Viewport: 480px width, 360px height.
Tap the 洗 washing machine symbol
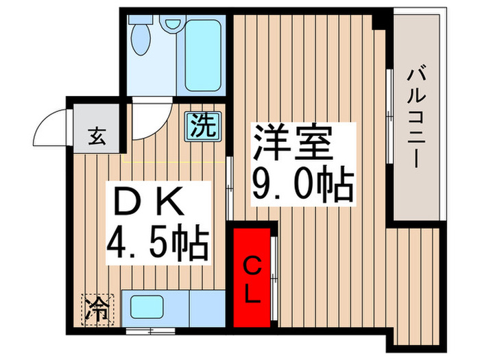(203, 126)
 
